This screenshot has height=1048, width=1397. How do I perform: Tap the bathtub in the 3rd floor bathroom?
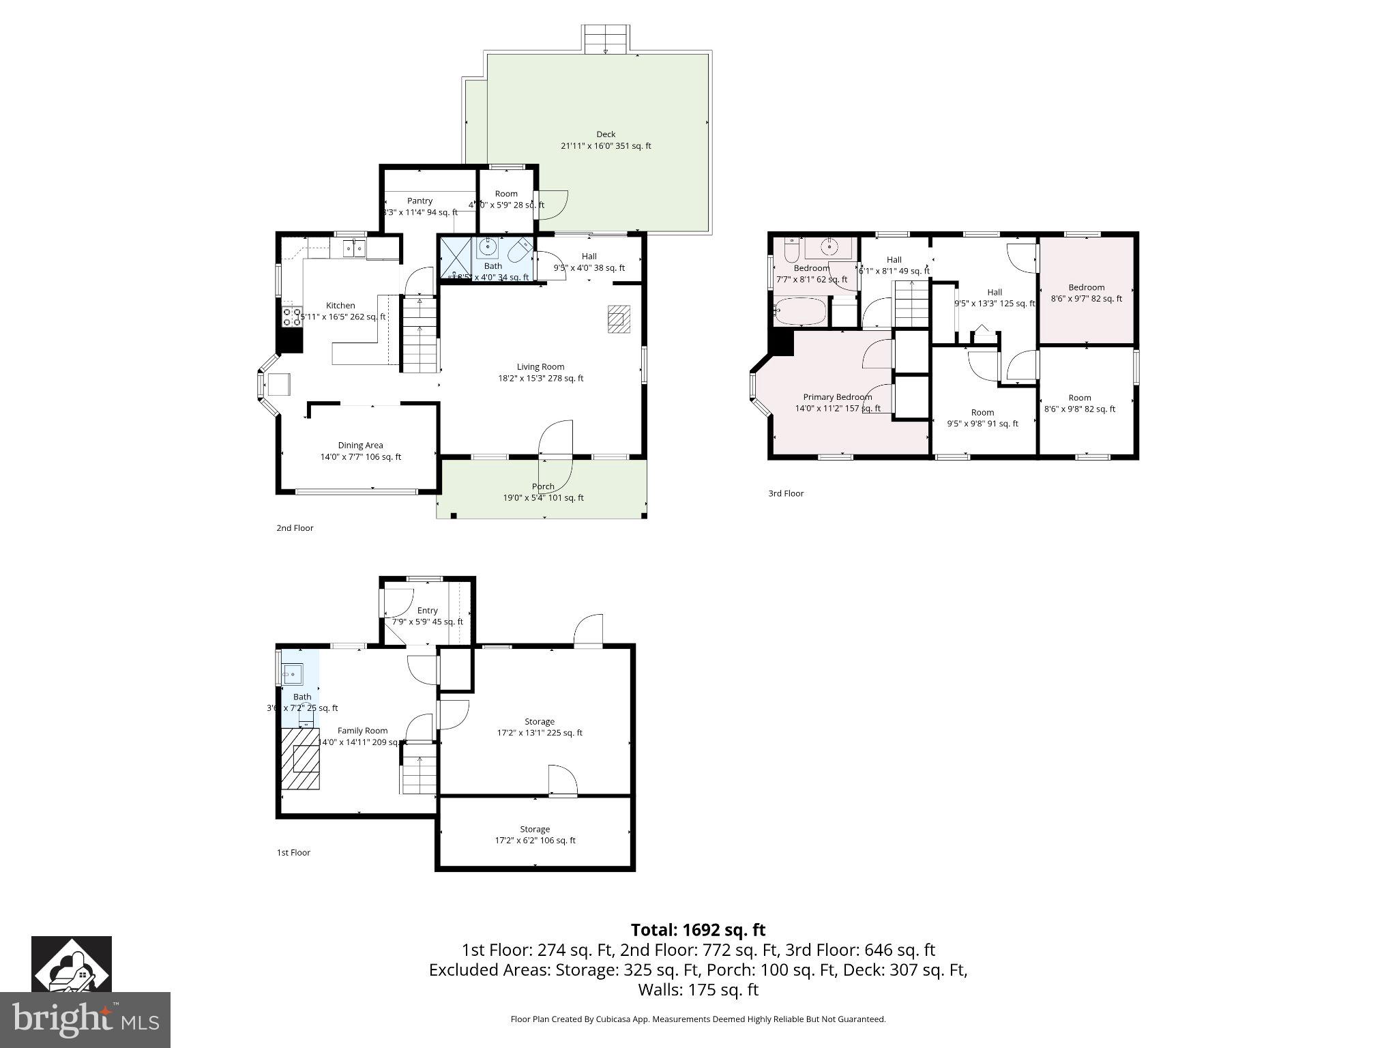800,312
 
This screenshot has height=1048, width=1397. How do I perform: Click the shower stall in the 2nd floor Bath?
455,258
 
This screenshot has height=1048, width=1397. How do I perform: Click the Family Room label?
362,731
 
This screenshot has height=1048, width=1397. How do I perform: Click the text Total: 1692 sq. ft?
698,930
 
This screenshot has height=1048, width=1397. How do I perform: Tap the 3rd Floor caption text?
786,493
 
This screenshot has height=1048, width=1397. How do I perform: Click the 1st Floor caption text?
293,852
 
